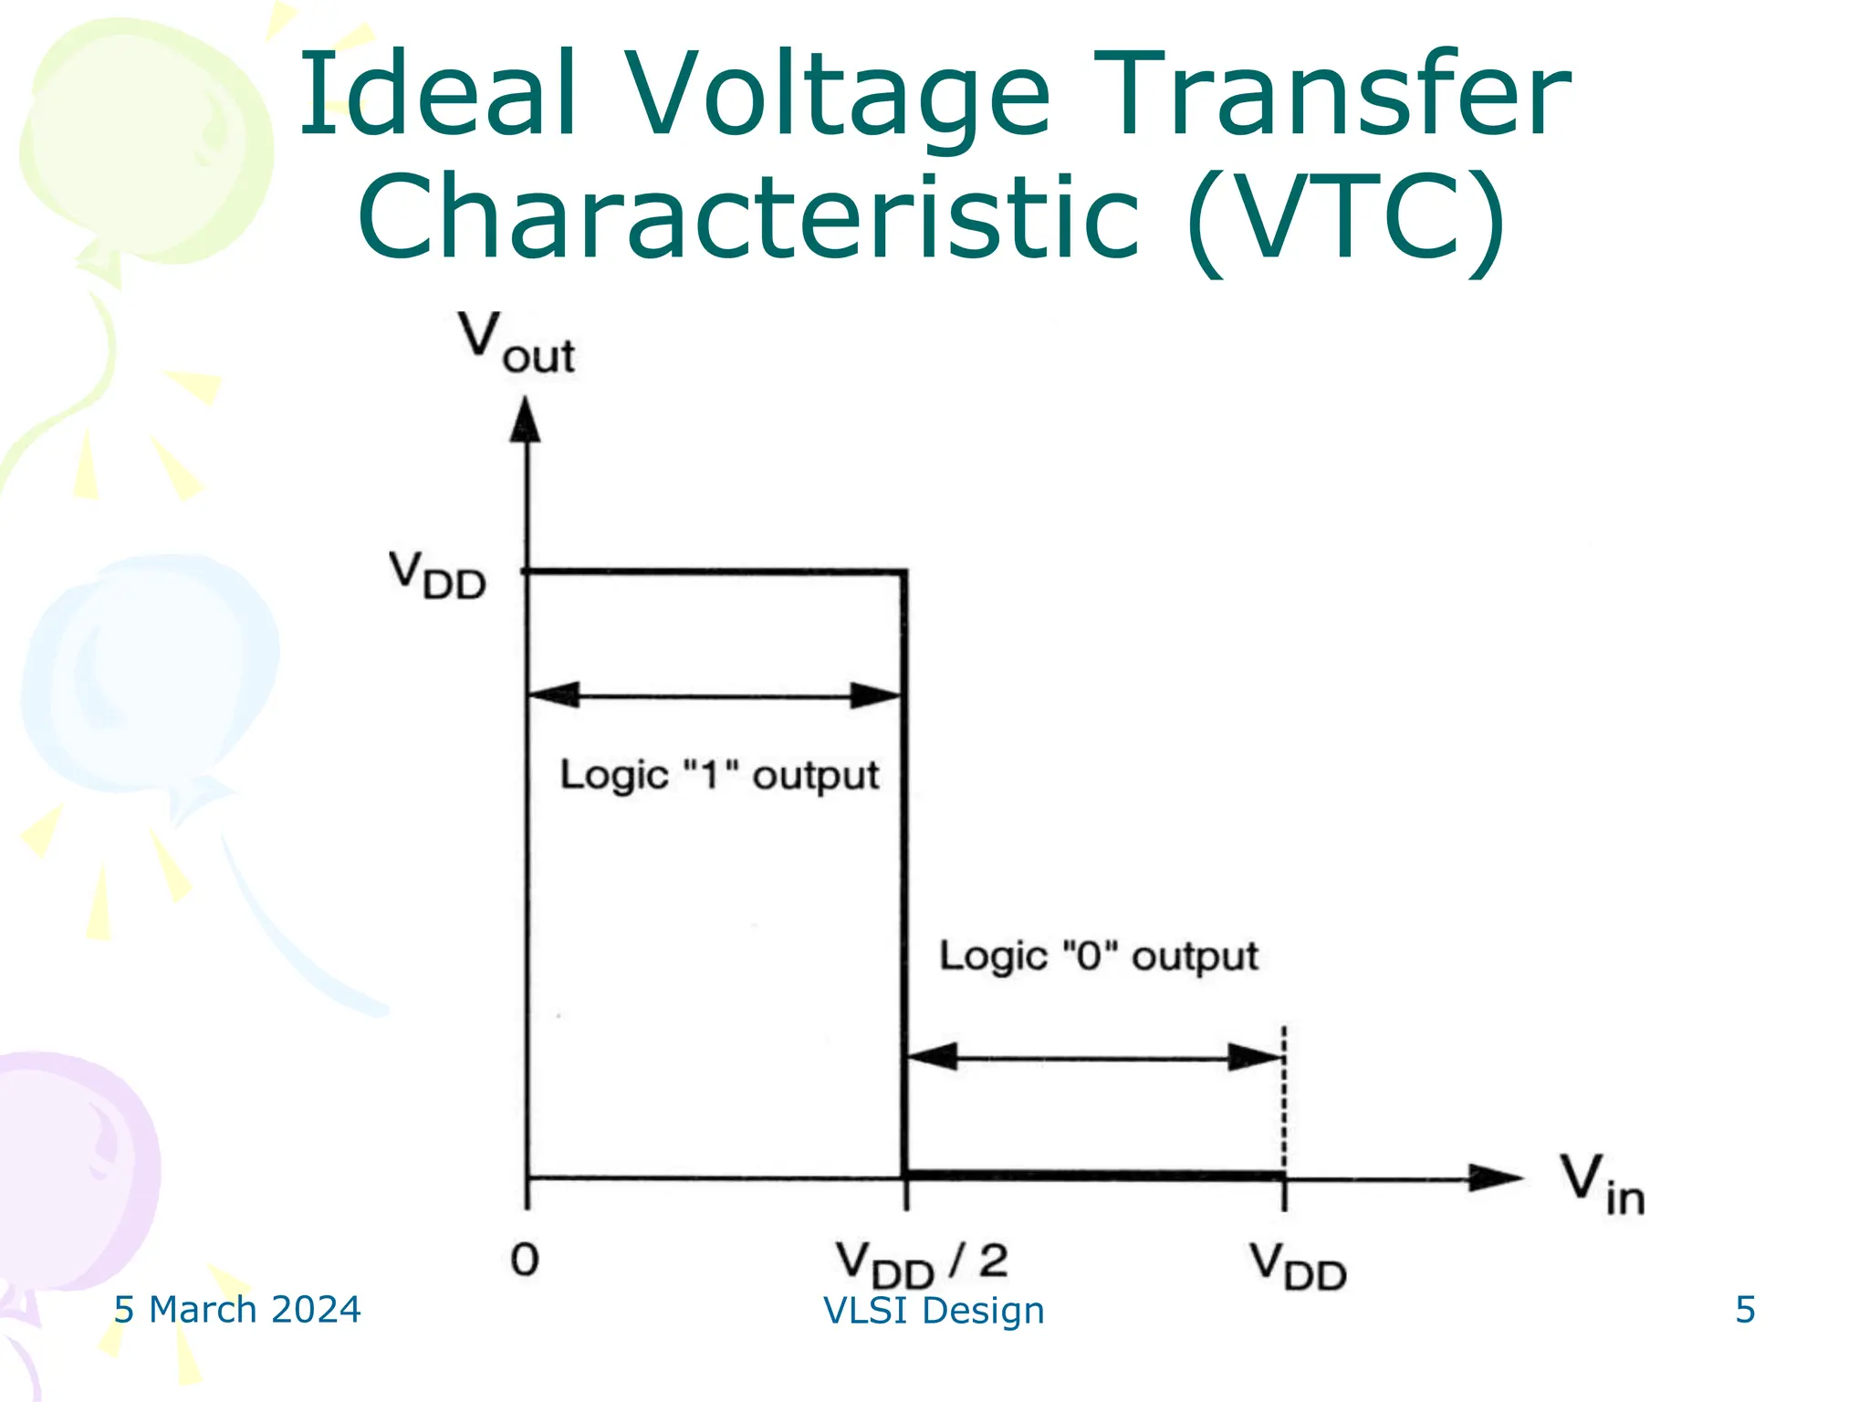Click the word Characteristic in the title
748,217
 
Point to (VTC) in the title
1346,219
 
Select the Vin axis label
1602,1184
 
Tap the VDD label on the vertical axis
437,576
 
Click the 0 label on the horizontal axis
525,1261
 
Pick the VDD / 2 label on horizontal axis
922,1264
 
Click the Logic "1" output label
719,776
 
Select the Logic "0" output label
1099,957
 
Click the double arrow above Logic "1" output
716,696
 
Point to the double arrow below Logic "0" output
1095,1058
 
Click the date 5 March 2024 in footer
237,1310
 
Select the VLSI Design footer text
934,1311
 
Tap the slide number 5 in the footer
1745,1310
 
